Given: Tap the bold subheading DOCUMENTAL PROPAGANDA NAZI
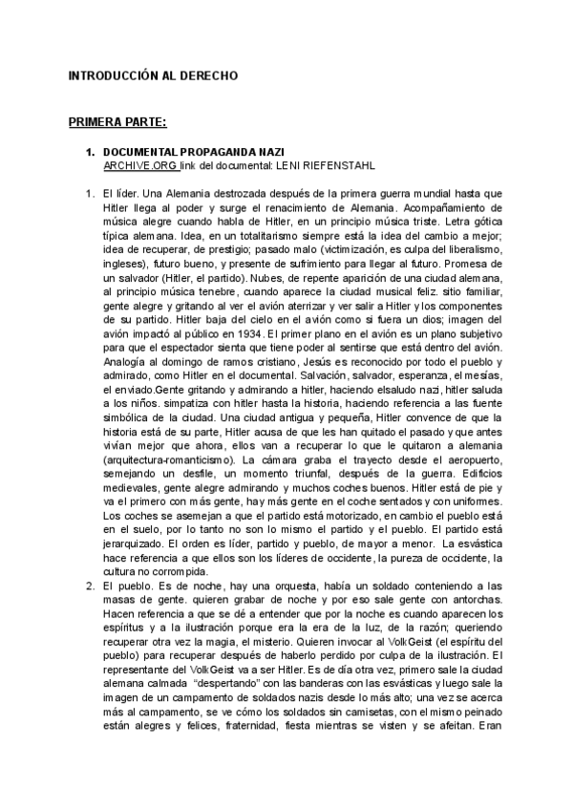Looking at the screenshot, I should pyautogui.click(x=193, y=152).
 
